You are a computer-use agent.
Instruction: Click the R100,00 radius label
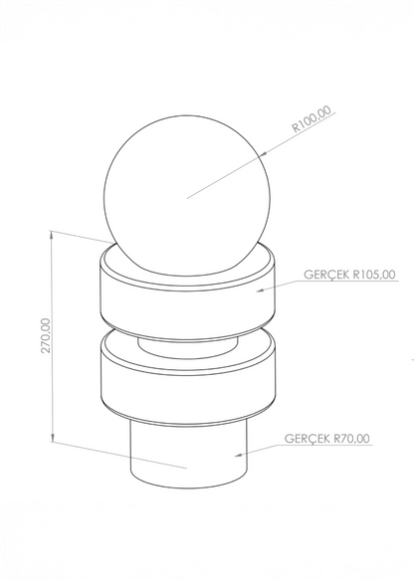pyautogui.click(x=311, y=119)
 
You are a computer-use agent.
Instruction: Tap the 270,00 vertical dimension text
pyautogui.click(x=46, y=335)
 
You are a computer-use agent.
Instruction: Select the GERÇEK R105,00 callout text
pyautogui.click(x=349, y=275)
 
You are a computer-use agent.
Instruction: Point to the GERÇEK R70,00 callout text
pyautogui.click(x=327, y=439)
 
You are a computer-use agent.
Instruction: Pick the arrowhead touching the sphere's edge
pyautogui.click(x=264, y=154)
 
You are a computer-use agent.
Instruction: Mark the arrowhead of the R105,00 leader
pyautogui.click(x=261, y=290)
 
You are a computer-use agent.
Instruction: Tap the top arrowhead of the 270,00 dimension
pyautogui.click(x=52, y=235)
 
